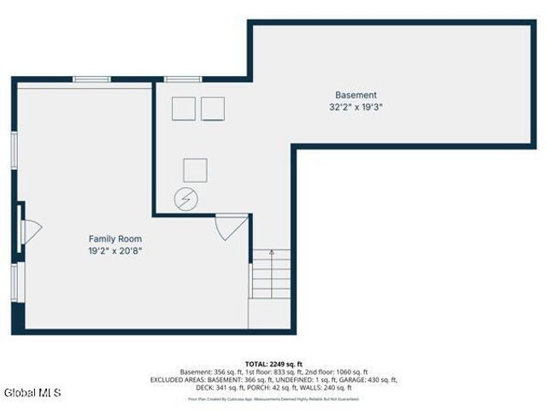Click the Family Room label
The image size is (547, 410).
click(115, 238)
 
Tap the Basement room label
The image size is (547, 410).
click(355, 95)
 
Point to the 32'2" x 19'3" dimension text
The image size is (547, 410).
click(355, 108)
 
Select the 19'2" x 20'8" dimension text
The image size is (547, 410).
click(115, 251)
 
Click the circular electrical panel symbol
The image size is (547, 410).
click(185, 200)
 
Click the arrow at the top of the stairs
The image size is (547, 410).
click(272, 253)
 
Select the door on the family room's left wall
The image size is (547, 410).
click(28, 231)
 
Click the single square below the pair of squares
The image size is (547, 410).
click(195, 170)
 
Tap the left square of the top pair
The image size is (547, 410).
click(184, 108)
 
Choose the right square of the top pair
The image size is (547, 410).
click(213, 108)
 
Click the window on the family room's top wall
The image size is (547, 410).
click(91, 79)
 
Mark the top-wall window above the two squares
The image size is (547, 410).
click(182, 79)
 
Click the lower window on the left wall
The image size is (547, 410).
click(14, 282)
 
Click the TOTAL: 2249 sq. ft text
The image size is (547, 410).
click(273, 363)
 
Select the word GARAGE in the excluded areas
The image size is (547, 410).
click(347, 379)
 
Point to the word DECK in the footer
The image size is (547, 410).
click(203, 387)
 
